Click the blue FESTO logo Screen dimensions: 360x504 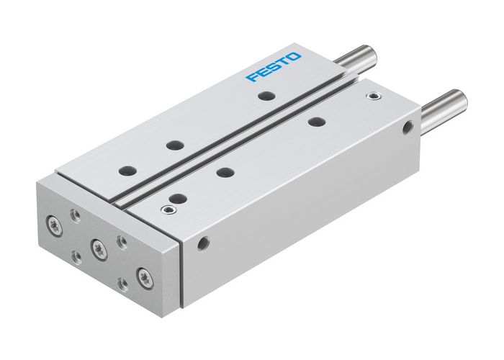click(x=274, y=66)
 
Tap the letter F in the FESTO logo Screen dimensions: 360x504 click(x=252, y=77)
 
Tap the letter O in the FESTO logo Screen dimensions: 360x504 click(x=296, y=56)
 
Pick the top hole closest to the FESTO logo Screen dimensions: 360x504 click(x=267, y=96)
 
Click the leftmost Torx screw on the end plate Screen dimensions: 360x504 click(x=55, y=222)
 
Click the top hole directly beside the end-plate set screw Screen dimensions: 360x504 click(x=176, y=197)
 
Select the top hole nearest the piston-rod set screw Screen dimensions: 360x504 click(x=315, y=122)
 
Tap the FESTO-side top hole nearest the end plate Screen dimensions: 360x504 click(x=128, y=171)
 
